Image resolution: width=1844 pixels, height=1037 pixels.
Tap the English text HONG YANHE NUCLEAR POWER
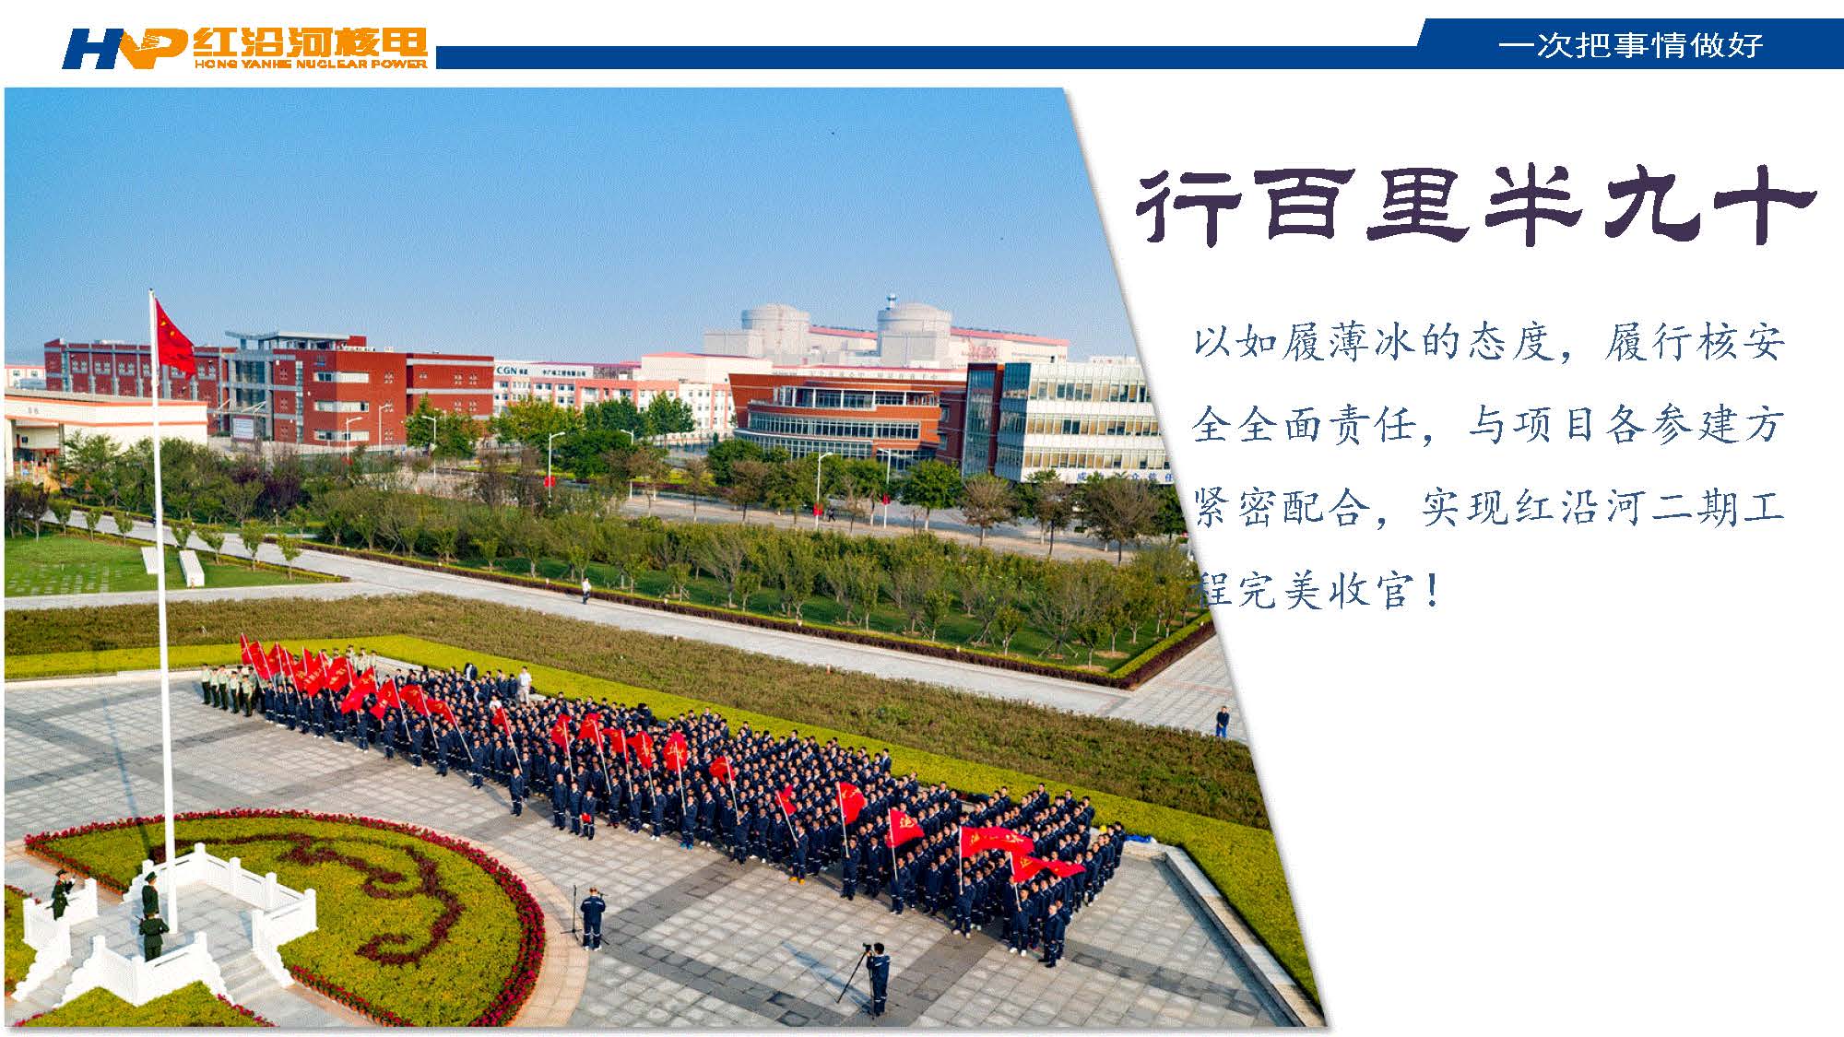click(x=311, y=64)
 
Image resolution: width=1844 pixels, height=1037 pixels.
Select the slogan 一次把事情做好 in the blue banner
click(x=1630, y=44)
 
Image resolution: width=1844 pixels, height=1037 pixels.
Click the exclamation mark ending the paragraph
click(x=1431, y=590)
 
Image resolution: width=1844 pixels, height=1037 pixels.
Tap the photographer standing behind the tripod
click(x=879, y=978)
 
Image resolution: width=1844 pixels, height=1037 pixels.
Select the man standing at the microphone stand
click(x=593, y=917)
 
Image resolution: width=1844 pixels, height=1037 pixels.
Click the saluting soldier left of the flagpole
click(x=61, y=893)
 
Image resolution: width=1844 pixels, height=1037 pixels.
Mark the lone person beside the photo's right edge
click(x=1223, y=721)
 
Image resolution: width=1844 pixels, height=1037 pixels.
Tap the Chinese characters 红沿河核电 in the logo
click(x=311, y=42)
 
